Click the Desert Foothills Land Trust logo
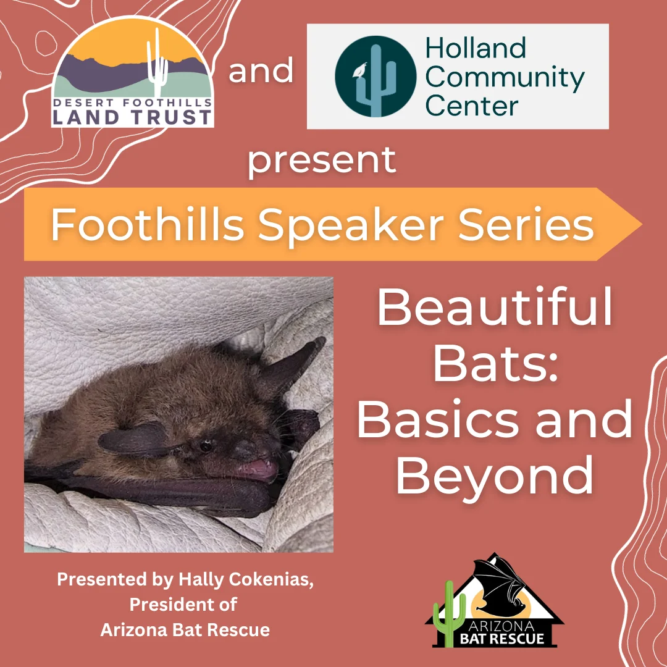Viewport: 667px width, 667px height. point(132,72)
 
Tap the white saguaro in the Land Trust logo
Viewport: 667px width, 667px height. point(157,63)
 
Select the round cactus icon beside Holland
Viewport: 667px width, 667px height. point(375,77)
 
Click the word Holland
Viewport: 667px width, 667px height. point(476,48)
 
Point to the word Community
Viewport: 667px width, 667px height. point(505,78)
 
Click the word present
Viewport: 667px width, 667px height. point(322,161)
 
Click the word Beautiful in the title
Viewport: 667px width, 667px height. point(495,306)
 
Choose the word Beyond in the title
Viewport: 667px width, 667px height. point(495,475)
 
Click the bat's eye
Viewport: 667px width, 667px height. point(206,446)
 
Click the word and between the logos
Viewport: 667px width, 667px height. point(261,70)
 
